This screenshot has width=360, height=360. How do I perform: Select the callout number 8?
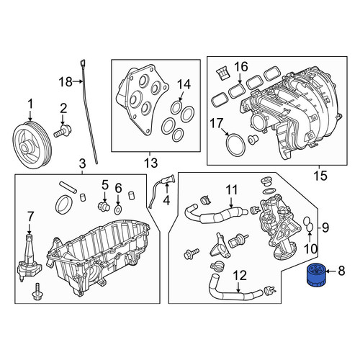tap(341, 271)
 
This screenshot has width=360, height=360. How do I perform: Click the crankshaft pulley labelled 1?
tap(32, 145)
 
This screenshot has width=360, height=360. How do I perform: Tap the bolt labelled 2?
tap(62, 132)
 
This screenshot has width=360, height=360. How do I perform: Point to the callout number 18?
tap(66, 82)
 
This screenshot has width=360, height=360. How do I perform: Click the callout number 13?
tap(150, 163)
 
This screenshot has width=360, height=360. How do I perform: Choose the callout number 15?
tap(321, 176)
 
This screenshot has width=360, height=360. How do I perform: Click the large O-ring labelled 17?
tap(235, 144)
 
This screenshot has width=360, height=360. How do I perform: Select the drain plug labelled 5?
tap(104, 206)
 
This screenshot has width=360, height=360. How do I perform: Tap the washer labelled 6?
tap(118, 210)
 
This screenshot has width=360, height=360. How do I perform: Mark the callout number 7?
tap(30, 217)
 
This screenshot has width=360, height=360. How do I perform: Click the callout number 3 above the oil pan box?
tap(82, 164)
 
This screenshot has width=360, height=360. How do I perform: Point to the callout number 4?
tap(166, 200)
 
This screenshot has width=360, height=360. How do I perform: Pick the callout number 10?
tap(310, 249)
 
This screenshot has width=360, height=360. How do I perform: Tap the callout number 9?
tap(325, 227)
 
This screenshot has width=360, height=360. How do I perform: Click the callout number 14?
tap(184, 85)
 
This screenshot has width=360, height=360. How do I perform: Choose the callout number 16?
tap(241, 67)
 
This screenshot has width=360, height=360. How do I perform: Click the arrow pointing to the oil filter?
tap(330, 271)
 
